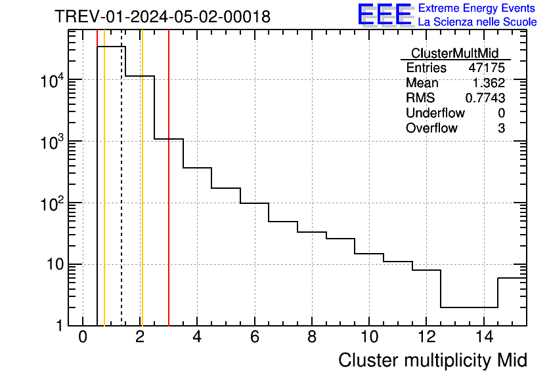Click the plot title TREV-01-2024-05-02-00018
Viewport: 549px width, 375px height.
tap(162, 16)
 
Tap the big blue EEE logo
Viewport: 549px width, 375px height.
tap(385, 14)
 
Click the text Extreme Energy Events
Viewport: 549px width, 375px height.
tap(477, 9)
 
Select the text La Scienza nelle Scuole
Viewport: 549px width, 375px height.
tap(477, 22)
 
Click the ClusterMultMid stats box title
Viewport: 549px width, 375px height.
tap(454, 53)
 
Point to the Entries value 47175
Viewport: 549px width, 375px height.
tap(487, 68)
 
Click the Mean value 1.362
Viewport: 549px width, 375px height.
tap(489, 83)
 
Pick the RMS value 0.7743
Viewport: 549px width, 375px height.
tap(485, 98)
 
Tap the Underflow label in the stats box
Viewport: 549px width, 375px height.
tap(435, 113)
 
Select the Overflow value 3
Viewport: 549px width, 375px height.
tap(501, 128)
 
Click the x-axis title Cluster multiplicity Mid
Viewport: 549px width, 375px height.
tap(432, 360)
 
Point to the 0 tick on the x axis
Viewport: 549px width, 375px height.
tap(83, 337)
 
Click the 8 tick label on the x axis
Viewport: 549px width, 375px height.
tap(312, 337)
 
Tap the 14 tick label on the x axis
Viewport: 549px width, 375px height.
tap(483, 337)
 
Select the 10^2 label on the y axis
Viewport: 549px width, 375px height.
tap(51, 204)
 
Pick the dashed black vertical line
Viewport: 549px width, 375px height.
tap(121, 197)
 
